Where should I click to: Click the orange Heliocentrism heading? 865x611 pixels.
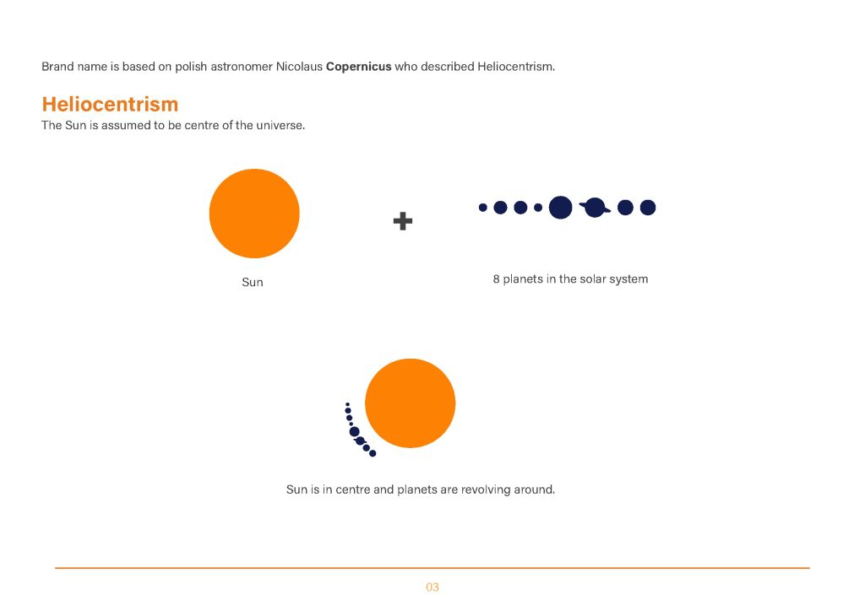click(x=111, y=104)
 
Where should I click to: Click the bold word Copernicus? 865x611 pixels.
click(x=358, y=67)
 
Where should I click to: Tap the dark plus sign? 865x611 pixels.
click(x=403, y=221)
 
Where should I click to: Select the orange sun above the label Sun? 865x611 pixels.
click(x=254, y=214)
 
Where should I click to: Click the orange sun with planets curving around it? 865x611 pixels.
click(x=411, y=403)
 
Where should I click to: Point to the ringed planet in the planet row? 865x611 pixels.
click(x=595, y=208)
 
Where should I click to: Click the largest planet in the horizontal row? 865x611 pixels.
click(x=561, y=207)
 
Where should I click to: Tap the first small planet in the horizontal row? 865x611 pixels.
click(x=482, y=208)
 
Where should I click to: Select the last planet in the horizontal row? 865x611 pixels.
click(x=648, y=208)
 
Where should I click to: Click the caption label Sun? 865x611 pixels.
click(x=253, y=282)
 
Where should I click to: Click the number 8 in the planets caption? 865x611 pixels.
click(x=496, y=279)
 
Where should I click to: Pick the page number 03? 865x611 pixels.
click(x=432, y=587)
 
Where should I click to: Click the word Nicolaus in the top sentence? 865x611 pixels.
click(x=299, y=67)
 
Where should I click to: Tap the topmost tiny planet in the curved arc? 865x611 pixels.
click(x=347, y=404)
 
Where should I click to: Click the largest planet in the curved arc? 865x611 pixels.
click(x=354, y=431)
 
